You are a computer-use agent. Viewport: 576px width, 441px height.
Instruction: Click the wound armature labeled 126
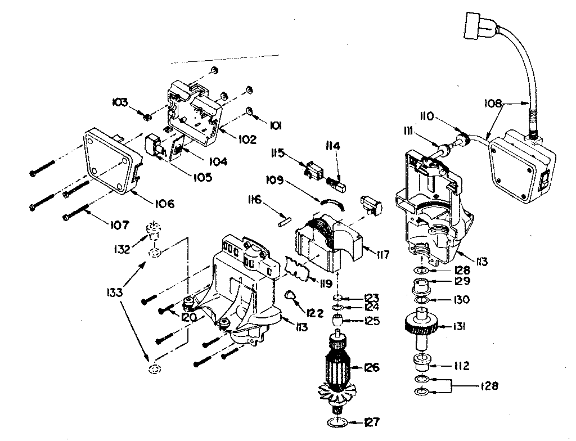click(339, 368)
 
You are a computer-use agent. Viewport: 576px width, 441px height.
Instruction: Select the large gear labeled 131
click(419, 326)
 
